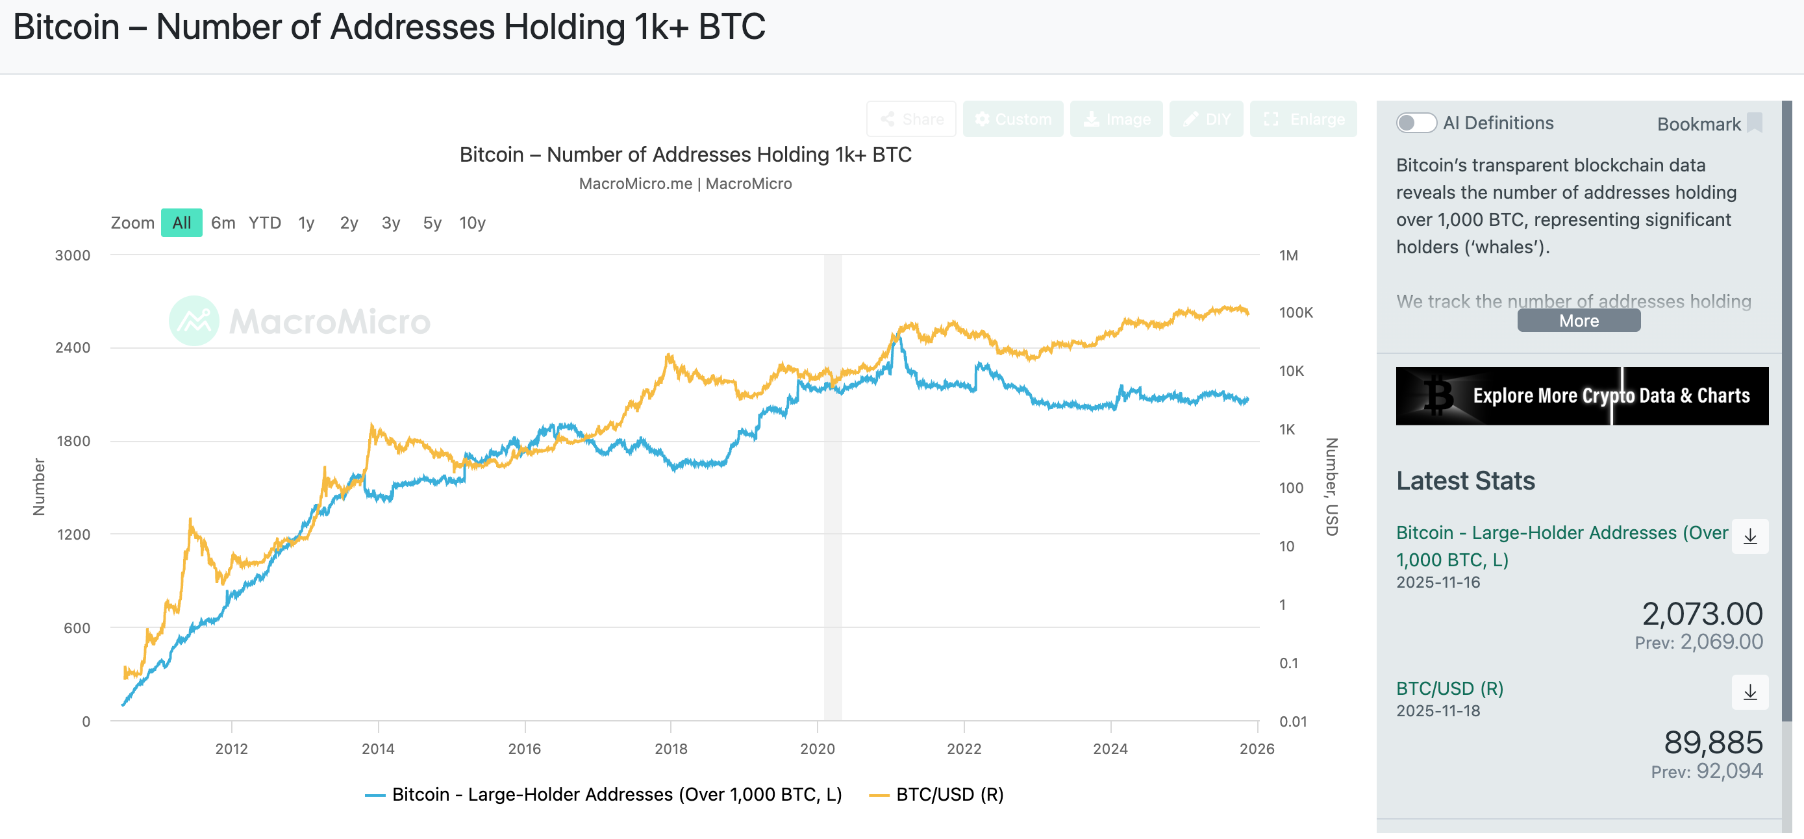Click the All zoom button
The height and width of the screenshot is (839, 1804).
click(181, 223)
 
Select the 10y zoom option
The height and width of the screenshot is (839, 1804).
click(472, 223)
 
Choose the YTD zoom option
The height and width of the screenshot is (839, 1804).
click(265, 223)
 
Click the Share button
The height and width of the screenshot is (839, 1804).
click(911, 119)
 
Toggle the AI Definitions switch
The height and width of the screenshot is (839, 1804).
click(1415, 123)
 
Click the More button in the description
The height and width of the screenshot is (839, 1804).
click(1579, 321)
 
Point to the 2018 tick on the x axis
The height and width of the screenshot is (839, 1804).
click(671, 748)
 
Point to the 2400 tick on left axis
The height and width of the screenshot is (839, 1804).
click(73, 347)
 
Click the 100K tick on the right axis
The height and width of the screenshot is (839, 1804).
click(1296, 312)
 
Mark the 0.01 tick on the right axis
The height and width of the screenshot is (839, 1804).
click(1293, 721)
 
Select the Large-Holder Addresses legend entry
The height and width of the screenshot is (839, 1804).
click(604, 794)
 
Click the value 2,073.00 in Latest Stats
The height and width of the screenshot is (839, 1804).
click(1702, 614)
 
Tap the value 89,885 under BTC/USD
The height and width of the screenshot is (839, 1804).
click(1713, 742)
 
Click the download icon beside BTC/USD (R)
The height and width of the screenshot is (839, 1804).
click(1749, 692)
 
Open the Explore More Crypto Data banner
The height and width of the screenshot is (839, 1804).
click(1581, 395)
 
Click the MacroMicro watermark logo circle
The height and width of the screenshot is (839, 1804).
click(194, 321)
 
